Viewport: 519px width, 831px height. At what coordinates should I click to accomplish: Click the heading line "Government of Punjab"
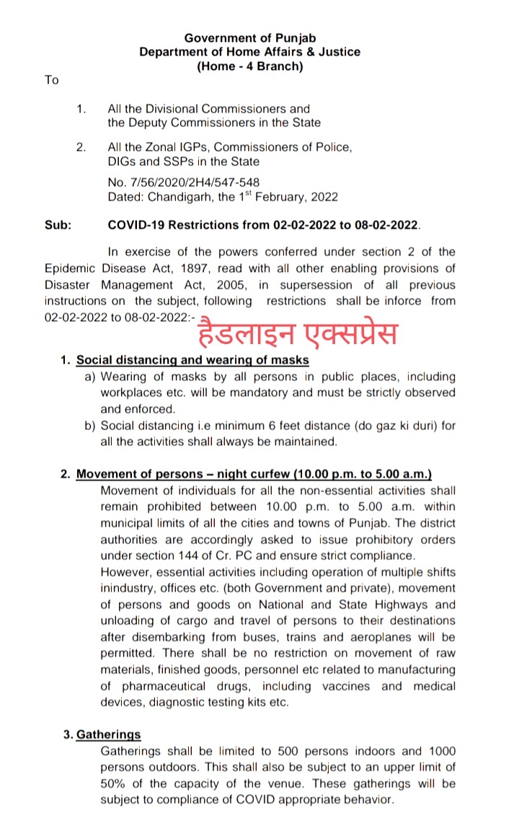click(x=250, y=38)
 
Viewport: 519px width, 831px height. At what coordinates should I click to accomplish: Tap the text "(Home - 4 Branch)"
click(x=250, y=66)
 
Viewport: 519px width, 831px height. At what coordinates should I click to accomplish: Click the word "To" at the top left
click(x=51, y=80)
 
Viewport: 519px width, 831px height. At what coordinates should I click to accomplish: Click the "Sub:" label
click(x=58, y=225)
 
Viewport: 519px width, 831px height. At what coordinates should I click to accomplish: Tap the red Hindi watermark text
click(x=299, y=333)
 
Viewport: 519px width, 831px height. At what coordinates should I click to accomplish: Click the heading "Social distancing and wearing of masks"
click(x=192, y=360)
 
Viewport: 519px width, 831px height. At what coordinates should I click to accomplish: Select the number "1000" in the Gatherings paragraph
click(x=441, y=752)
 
